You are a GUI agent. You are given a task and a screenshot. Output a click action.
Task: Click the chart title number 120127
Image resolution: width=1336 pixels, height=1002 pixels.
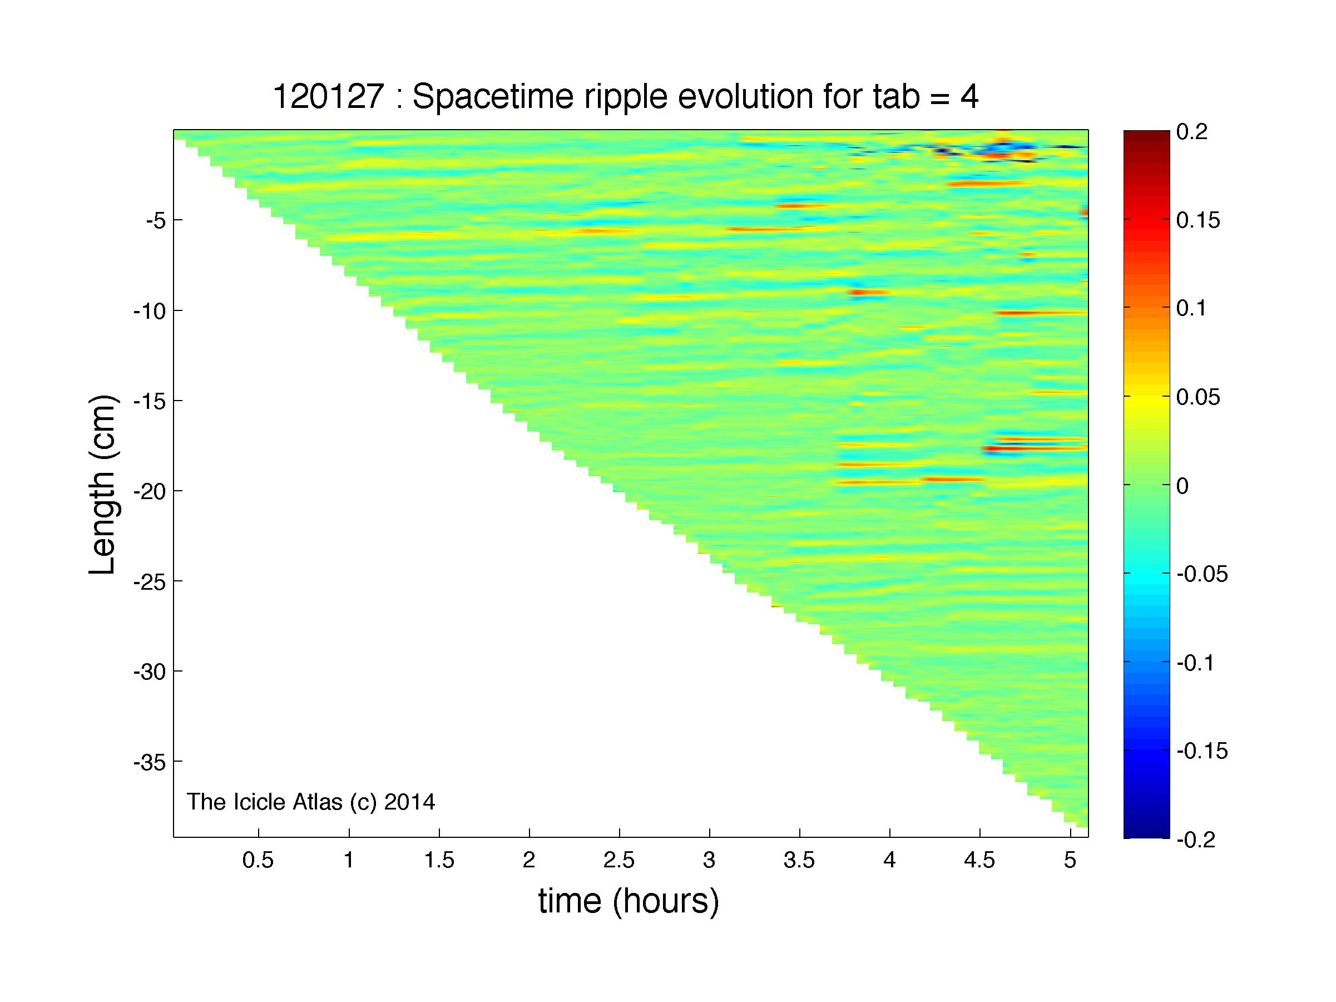329,97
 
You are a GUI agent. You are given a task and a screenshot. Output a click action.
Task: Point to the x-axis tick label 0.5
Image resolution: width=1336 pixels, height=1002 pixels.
259,860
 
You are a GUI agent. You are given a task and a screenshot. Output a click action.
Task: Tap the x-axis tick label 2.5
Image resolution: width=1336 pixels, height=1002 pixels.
619,860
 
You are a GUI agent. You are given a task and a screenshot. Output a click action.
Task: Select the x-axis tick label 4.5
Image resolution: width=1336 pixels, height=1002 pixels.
979,860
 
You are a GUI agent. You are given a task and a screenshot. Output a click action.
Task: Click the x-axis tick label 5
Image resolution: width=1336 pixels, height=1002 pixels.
1070,860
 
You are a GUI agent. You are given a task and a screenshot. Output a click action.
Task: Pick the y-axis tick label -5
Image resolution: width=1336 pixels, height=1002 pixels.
156,220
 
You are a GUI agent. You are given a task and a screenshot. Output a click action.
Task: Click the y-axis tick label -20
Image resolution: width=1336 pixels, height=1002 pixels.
150,491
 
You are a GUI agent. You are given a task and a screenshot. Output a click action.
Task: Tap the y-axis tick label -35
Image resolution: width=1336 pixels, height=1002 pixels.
150,762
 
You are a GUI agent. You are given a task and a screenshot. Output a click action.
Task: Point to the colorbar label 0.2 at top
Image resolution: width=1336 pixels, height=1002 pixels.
1191,132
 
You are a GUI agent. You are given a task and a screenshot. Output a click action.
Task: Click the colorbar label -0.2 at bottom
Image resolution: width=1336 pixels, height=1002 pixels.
1196,840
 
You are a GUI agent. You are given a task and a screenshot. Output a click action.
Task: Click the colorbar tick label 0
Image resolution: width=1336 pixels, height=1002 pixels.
1182,486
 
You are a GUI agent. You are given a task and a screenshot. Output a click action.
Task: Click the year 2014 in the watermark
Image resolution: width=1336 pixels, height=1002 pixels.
409,802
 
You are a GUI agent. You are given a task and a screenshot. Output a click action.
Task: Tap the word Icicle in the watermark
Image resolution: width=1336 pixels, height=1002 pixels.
263,802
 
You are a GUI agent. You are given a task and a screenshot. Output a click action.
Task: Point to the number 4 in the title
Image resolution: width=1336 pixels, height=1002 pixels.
969,97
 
